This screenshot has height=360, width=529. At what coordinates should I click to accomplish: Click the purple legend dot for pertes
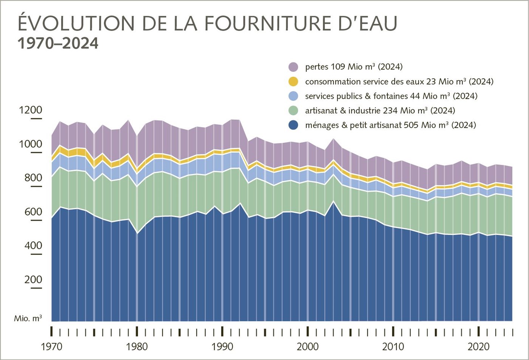(293, 67)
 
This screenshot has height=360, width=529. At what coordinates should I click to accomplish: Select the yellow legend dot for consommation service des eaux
(293, 81)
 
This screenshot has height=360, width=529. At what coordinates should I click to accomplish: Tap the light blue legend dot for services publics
(293, 96)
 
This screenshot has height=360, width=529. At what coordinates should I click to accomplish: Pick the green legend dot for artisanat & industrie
(293, 110)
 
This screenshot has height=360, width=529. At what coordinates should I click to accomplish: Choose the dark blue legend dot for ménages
(293, 125)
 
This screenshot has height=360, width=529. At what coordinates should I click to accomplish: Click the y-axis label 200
(31, 280)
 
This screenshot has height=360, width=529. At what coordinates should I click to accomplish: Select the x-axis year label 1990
(223, 347)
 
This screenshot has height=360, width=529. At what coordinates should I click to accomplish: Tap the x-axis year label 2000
(308, 347)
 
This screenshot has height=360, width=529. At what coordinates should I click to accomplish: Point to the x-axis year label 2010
(393, 347)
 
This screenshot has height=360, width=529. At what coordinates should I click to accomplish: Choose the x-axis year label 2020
(479, 347)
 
